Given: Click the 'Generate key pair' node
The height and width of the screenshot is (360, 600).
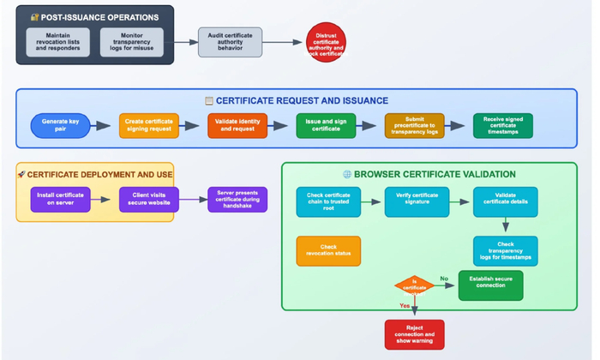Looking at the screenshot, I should (x=60, y=126).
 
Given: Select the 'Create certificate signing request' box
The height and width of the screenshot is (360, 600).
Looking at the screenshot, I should (x=149, y=126).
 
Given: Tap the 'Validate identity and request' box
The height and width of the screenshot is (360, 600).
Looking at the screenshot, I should (x=237, y=126).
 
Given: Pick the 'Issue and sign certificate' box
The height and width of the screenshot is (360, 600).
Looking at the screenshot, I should (x=326, y=126).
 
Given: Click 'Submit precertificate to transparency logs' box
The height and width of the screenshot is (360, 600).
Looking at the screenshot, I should (x=414, y=126).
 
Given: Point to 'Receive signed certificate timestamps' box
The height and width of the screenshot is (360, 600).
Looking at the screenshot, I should (x=502, y=126).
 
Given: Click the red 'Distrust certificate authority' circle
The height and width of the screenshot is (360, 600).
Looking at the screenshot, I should (x=326, y=42).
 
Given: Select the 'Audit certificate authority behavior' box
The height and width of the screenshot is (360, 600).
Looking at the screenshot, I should (x=230, y=42).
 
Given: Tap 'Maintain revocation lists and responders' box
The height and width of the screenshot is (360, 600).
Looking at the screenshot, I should (x=58, y=43).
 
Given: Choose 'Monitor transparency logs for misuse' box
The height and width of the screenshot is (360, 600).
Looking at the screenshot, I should (x=132, y=43).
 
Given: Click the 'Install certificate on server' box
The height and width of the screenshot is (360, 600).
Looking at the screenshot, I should (x=60, y=200).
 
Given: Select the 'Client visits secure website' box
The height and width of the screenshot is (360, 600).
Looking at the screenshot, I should (x=149, y=200).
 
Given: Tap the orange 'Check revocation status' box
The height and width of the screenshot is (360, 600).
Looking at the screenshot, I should (x=328, y=251).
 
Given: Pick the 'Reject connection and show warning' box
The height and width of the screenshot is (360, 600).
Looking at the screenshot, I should (x=414, y=334).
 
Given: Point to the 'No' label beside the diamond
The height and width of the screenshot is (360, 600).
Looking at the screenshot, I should (x=444, y=279).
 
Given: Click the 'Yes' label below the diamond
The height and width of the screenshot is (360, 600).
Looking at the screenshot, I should (x=405, y=306).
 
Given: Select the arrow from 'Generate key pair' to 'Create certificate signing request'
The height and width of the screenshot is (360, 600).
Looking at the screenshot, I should (x=103, y=126).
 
